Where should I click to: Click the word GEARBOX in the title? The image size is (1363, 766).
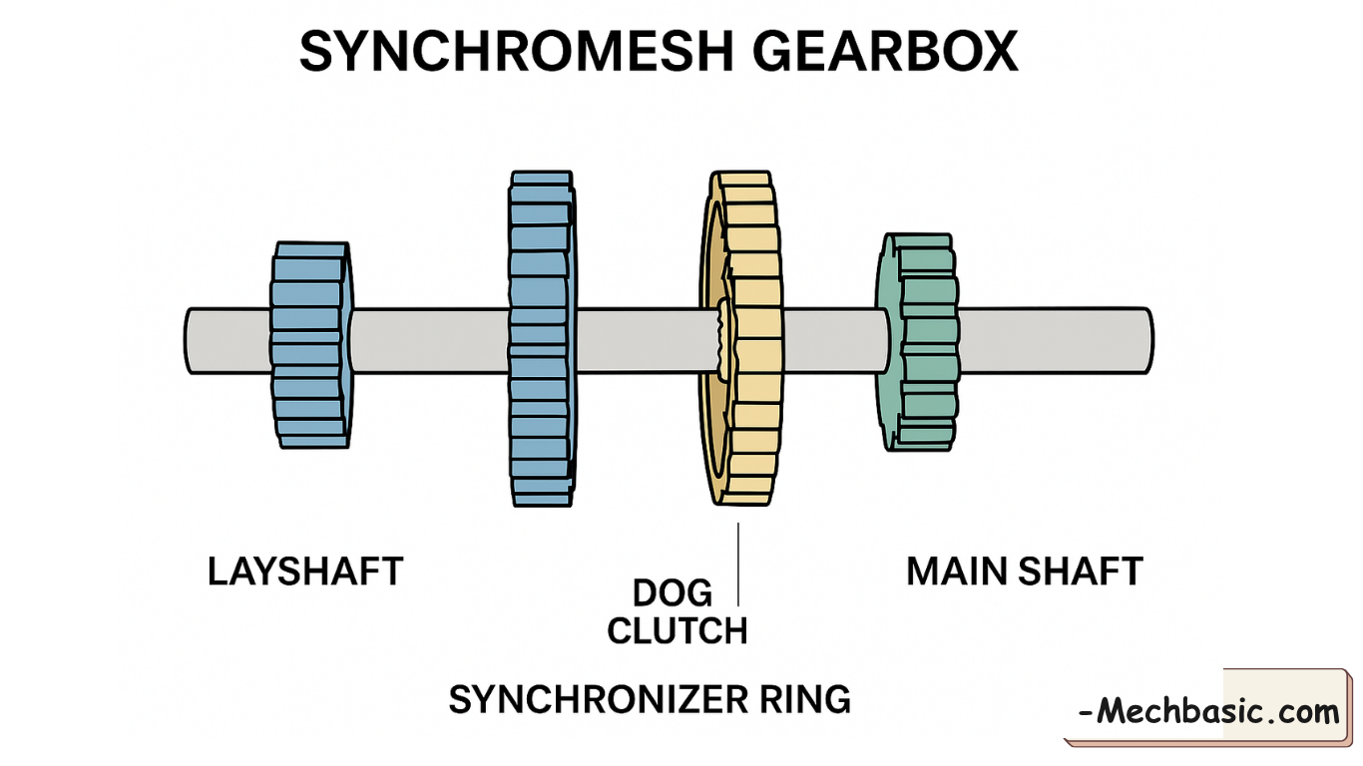coord(885,51)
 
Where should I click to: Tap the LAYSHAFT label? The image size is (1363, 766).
coord(305,573)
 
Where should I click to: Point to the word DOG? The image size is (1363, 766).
coord(673,594)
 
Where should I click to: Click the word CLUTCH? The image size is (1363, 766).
coord(678,631)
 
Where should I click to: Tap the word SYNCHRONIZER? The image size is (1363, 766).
coord(596,699)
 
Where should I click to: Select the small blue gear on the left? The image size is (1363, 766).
coord(309,344)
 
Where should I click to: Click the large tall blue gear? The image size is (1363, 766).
coord(541,339)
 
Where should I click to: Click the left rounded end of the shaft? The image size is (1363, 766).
coord(192,341)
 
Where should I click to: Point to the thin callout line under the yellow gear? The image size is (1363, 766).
coord(738,564)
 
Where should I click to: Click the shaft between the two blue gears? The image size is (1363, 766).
coord(429,341)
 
